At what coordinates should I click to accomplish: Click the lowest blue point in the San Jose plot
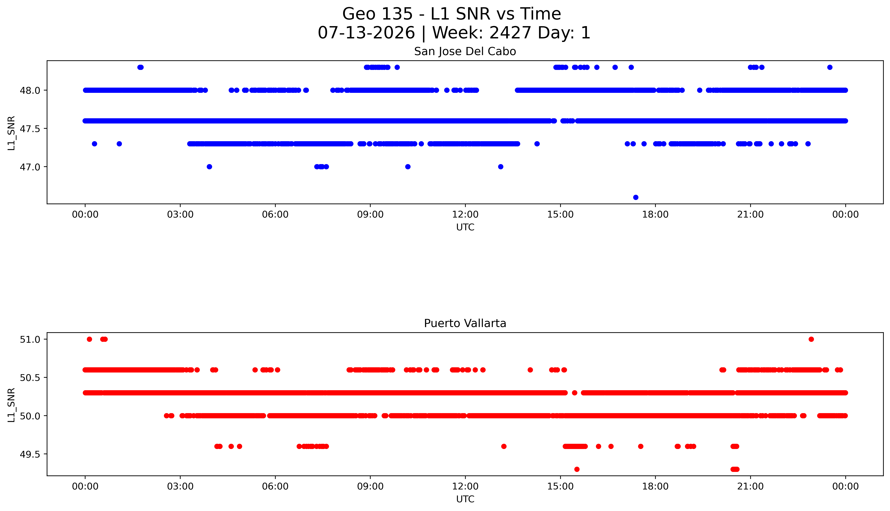[636, 197]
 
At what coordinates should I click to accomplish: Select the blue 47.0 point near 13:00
[501, 167]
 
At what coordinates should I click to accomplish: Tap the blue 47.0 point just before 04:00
[209, 167]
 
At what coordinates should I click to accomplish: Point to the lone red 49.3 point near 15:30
[577, 469]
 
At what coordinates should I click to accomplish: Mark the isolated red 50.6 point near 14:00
[530, 370]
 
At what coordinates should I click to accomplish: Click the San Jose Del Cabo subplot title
[465, 52]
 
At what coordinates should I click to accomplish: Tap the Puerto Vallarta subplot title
[465, 323]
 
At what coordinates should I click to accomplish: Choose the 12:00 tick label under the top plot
[465, 214]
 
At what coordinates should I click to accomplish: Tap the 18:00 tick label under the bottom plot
[655, 486]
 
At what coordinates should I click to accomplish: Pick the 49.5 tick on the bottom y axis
[31, 454]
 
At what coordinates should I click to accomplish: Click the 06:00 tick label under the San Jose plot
[275, 214]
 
